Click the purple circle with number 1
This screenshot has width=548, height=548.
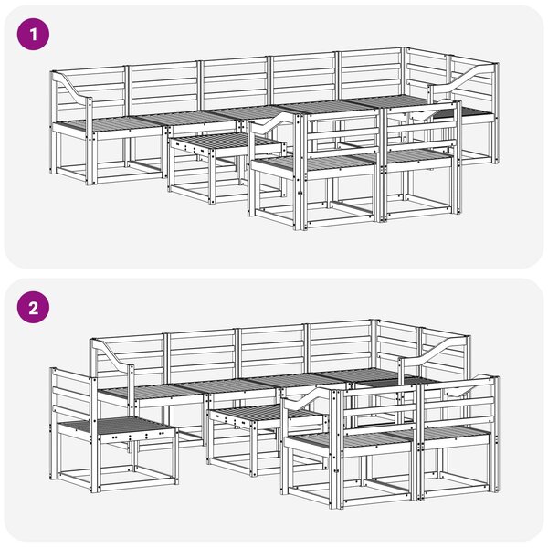pos(33,35)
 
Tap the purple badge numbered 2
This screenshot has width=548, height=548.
pos(33,308)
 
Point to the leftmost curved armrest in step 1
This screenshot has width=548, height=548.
pos(71,86)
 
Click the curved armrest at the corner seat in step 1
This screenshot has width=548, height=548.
pos(461,78)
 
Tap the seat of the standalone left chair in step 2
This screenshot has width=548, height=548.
pos(115,425)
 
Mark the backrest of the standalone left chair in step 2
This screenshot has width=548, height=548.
pos(71,393)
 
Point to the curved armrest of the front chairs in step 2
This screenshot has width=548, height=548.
pos(308,398)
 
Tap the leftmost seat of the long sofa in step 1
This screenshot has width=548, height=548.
pos(109,123)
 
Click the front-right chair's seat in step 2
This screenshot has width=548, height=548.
pos(456,432)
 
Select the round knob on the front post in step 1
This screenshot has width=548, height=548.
pos(300,193)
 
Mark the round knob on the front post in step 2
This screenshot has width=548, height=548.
pos(337,471)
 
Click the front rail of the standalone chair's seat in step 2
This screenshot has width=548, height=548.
pos(137,437)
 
